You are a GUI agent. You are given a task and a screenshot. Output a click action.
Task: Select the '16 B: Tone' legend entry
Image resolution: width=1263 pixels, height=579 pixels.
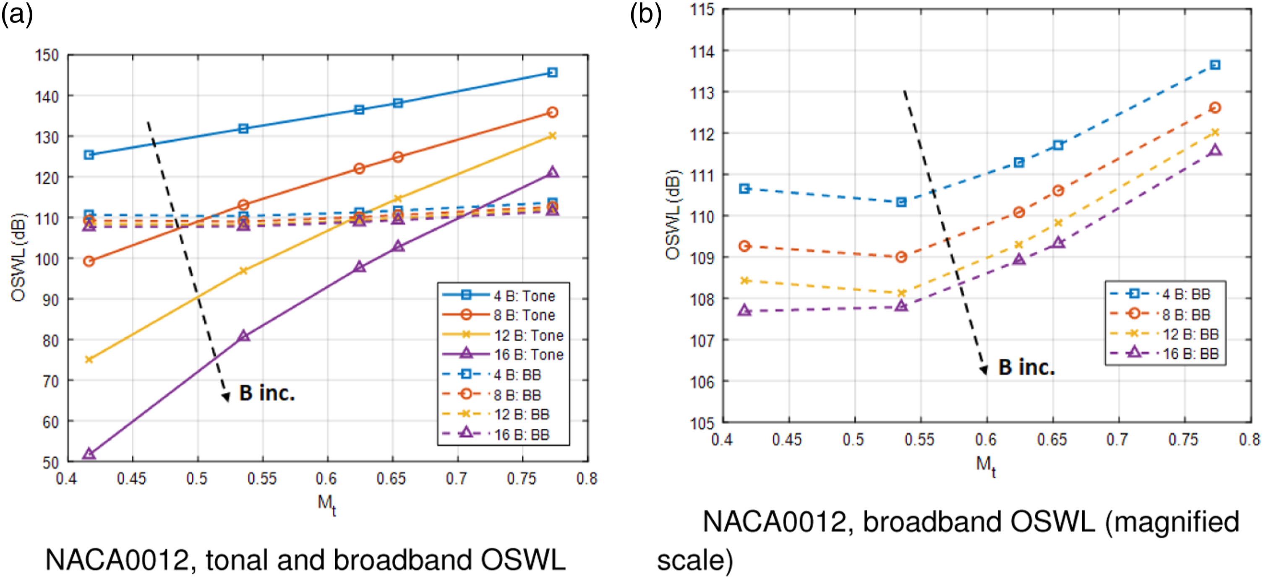(x=503, y=355)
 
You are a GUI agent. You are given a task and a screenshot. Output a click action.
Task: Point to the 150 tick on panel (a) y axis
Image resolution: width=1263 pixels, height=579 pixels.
(x=47, y=55)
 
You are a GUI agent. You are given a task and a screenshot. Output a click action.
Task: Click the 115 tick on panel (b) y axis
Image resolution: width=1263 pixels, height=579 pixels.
(x=702, y=9)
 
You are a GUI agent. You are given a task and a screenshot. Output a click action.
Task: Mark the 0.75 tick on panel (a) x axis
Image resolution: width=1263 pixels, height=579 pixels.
(x=522, y=478)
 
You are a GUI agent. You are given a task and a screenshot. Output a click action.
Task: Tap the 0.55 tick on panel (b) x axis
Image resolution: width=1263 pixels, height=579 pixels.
(x=919, y=439)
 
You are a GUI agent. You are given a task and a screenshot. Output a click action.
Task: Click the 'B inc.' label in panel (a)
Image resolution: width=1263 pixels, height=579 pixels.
(x=267, y=393)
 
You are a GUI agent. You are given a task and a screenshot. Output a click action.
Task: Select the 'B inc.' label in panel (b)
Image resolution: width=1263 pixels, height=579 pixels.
(x=1027, y=367)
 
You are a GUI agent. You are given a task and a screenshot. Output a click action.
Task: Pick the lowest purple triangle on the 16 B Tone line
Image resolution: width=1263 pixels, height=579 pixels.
(x=89, y=454)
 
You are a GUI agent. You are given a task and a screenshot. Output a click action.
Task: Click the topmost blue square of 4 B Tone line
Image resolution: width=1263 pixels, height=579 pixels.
(x=553, y=73)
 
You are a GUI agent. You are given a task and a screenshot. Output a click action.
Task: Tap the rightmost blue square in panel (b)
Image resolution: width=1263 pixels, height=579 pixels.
(x=1215, y=65)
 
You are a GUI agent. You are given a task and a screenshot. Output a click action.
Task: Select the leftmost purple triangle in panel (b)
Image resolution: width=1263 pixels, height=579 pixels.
(x=745, y=310)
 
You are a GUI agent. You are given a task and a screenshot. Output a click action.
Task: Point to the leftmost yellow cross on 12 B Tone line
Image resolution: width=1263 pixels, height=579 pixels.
(x=89, y=360)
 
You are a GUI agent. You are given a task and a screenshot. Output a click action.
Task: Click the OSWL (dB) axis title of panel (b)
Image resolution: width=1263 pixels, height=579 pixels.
(x=673, y=215)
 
